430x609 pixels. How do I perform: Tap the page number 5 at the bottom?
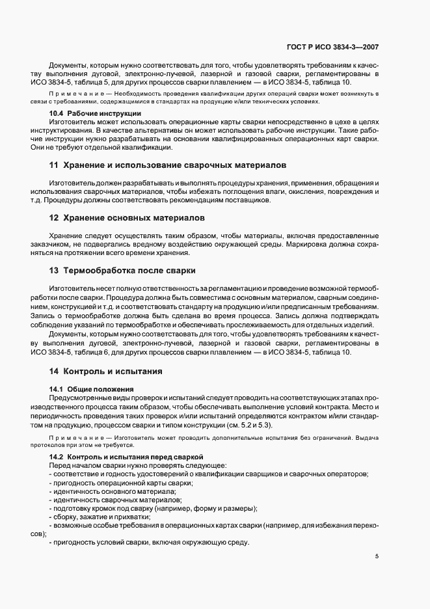377,557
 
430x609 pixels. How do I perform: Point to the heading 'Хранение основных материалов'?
128,217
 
